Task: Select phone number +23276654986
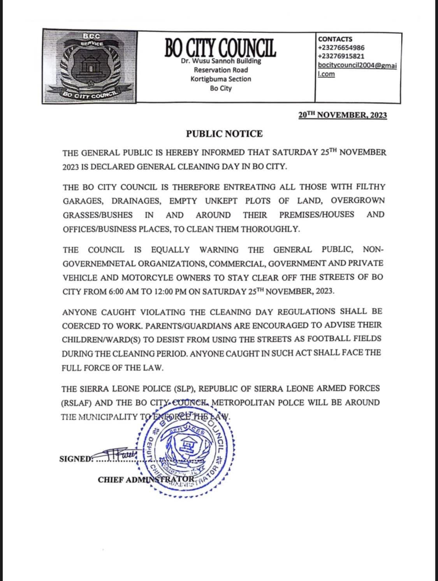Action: pos(341,48)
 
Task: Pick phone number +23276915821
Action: pos(341,56)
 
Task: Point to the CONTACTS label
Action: pos(335,39)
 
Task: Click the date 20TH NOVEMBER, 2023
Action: pos(343,115)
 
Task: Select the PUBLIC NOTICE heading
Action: pos(224,134)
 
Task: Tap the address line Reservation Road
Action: pos(221,70)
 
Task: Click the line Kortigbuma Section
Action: pos(221,79)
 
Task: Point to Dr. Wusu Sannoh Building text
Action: pos(221,61)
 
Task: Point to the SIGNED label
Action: pos(76,459)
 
